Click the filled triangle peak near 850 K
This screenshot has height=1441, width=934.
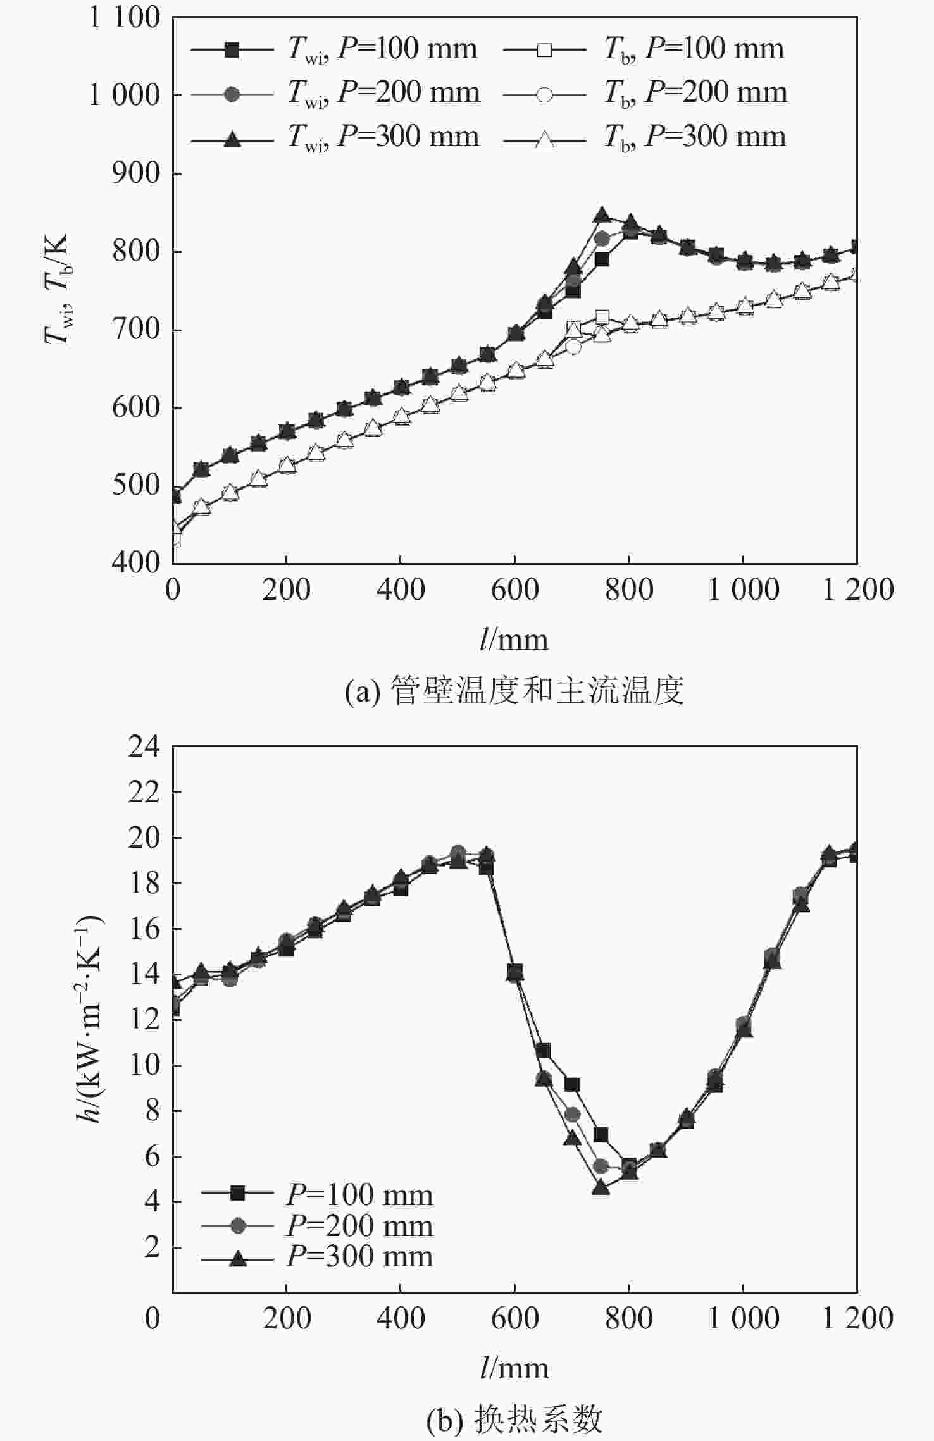click(601, 215)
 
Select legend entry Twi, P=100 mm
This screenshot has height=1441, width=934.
click(333, 49)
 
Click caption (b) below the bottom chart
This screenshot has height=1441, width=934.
click(514, 1419)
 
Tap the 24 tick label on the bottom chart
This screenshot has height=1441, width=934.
click(144, 747)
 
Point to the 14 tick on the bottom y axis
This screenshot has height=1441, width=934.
click(144, 974)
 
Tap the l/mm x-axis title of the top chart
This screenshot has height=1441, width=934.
click(514, 640)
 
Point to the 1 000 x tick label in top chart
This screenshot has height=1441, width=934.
click(742, 590)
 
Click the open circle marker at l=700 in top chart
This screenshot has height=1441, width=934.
click(573, 347)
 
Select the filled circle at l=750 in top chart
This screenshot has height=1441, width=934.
click(602, 238)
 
